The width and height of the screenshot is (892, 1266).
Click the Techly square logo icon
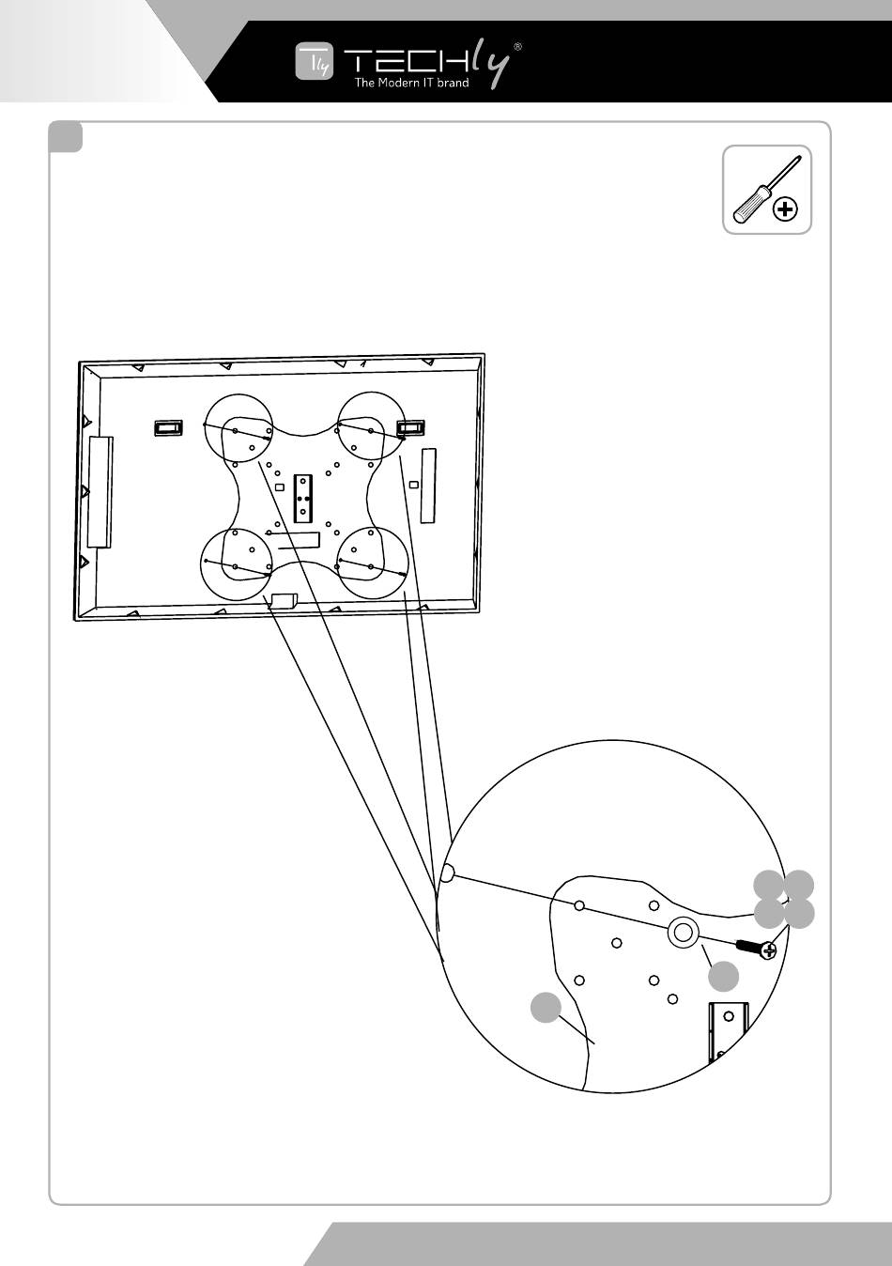click(x=314, y=62)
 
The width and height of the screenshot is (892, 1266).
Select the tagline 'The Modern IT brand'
click(x=410, y=83)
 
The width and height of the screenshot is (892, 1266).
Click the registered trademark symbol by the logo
click(x=517, y=45)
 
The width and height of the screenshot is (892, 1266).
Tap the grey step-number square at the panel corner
click(x=66, y=138)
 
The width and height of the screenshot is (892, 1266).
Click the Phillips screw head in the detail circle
click(x=770, y=950)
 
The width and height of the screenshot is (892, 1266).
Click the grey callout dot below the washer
click(x=723, y=977)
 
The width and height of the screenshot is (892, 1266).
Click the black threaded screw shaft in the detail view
click(x=750, y=945)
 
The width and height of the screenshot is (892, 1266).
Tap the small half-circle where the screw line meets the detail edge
click(x=447, y=874)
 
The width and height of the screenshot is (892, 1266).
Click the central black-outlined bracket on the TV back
click(x=302, y=498)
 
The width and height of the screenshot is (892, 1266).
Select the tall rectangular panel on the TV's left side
click(x=99, y=490)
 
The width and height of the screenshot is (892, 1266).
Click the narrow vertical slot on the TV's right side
click(x=428, y=485)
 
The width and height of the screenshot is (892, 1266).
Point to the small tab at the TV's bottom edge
click(x=283, y=599)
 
